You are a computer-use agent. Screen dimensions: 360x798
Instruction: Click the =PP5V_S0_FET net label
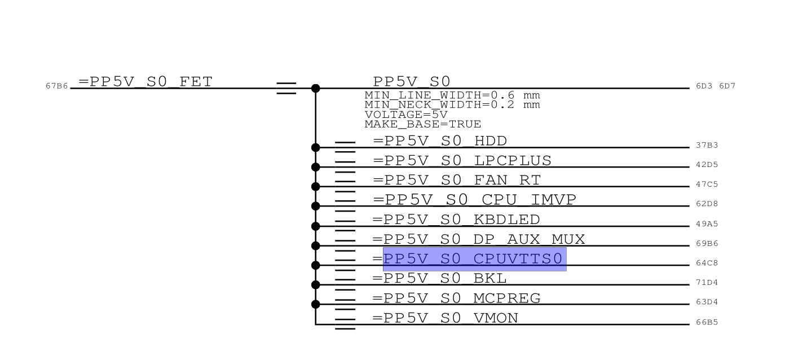point(146,82)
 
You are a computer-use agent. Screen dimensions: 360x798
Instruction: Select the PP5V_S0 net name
point(412,82)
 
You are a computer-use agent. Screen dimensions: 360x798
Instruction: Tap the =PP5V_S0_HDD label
point(440,141)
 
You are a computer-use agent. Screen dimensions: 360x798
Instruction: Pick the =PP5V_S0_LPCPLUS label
point(462,161)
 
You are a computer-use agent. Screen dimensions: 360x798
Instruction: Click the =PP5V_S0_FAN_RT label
point(457,181)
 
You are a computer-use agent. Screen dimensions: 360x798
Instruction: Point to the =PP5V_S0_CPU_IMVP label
point(474,200)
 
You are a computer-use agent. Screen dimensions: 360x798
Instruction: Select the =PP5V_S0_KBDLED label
point(456,219)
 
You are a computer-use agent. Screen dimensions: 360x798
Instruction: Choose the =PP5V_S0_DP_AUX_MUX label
point(479,240)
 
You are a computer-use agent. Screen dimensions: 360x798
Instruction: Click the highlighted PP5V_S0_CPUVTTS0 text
point(474,259)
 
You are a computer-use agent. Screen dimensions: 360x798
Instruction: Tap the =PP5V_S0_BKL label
point(440,278)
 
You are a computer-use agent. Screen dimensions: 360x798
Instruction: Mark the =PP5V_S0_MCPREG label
point(457,298)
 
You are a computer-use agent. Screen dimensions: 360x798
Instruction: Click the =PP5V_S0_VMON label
point(445,318)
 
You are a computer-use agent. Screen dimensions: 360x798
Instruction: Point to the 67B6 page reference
point(56,86)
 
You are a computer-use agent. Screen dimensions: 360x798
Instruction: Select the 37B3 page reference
point(707,146)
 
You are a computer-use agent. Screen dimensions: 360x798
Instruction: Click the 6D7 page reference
point(727,86)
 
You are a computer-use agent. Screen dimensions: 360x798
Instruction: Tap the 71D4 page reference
point(707,282)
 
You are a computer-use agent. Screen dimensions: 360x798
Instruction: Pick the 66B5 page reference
point(707,323)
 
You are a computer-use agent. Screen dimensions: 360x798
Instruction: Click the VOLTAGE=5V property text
point(406,115)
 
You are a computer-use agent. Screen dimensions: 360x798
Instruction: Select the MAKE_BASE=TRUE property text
point(422,124)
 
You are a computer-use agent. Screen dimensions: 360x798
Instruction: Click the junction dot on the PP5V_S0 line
point(316,88)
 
